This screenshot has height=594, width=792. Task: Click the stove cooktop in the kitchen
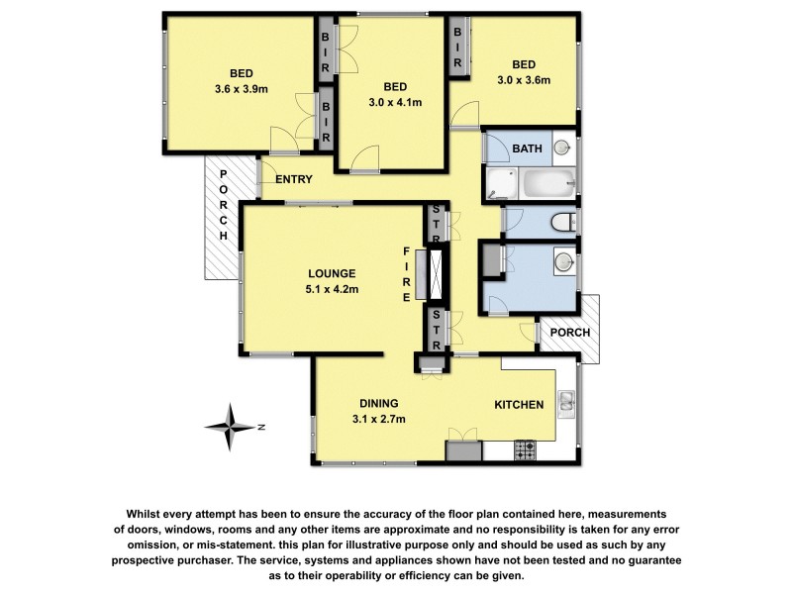coord(525,450)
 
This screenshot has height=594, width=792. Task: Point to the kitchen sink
coord(567,402)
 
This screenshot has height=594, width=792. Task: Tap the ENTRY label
coord(294,179)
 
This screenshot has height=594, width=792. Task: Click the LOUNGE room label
coord(331,274)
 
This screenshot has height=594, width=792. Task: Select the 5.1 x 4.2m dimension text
coord(331,289)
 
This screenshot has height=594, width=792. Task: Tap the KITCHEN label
coord(520,404)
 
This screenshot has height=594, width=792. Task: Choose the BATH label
coord(527,149)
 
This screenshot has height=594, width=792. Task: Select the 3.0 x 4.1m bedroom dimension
coord(395,101)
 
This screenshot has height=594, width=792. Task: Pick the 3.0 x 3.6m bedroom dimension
coord(524,80)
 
